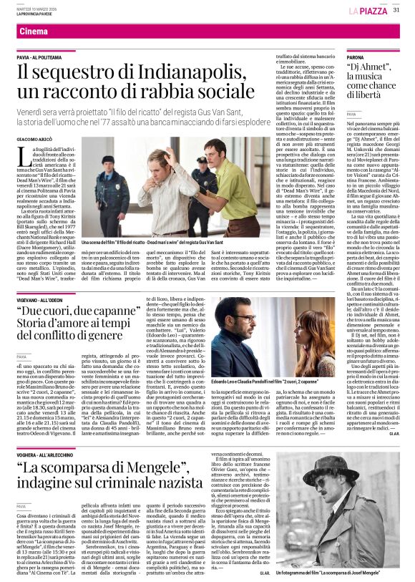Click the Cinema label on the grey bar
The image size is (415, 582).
tap(34, 32)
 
